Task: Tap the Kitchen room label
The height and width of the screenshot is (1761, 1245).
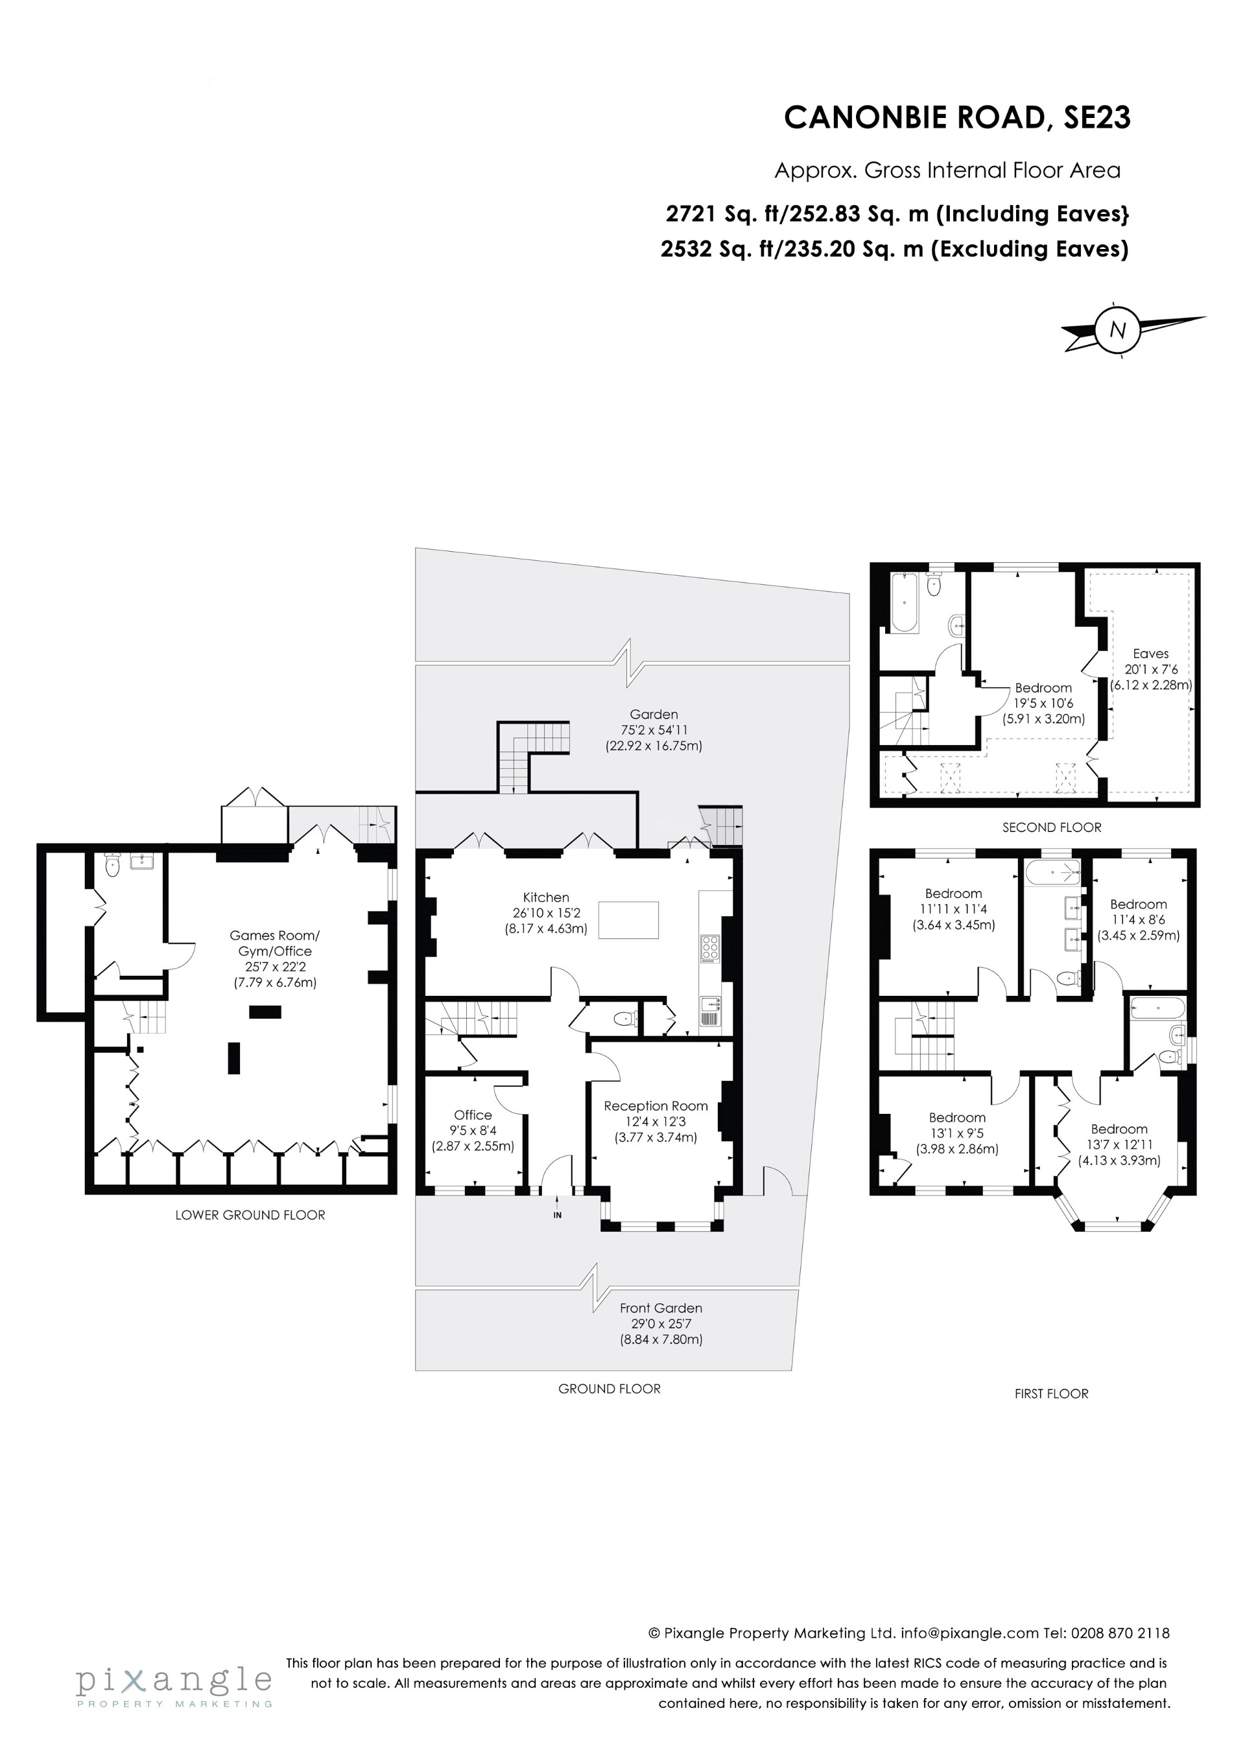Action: [545, 897]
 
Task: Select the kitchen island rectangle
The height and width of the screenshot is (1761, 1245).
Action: [628, 919]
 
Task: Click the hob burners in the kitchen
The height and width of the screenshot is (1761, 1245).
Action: [709, 949]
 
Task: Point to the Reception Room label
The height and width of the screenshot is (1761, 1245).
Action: [655, 1106]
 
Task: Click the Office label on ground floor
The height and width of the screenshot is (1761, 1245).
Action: [473, 1115]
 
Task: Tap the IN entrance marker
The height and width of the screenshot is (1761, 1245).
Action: [558, 1215]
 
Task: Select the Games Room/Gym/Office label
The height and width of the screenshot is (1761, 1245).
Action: [275, 943]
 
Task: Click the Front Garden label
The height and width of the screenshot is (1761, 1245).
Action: [661, 1308]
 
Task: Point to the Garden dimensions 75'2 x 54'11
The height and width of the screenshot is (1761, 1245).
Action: [654, 730]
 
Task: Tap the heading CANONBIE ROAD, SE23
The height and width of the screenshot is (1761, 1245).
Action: [956, 118]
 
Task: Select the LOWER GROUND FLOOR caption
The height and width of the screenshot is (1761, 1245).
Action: [250, 1215]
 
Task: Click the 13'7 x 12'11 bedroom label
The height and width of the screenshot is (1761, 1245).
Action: [1119, 1144]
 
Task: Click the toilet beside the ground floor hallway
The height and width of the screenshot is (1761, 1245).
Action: [626, 1019]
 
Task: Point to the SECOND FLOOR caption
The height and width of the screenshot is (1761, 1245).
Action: [1051, 827]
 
